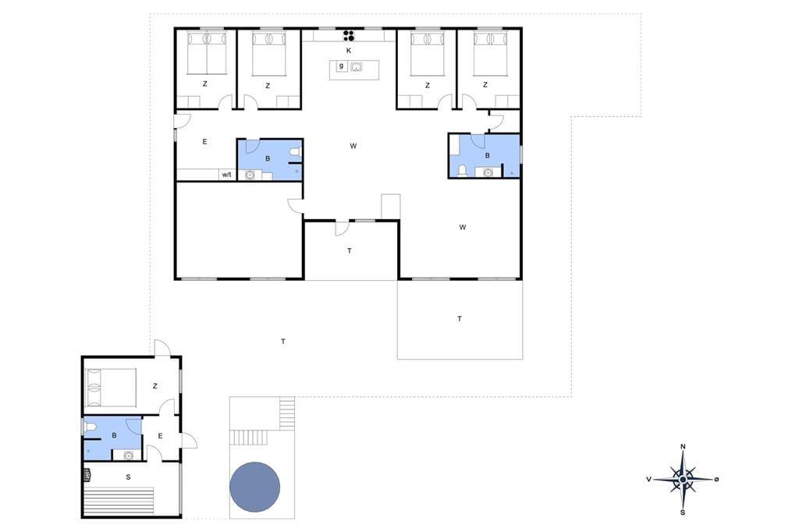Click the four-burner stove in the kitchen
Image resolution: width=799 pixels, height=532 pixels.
[x=349, y=35]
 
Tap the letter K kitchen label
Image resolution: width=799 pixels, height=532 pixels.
[x=349, y=51]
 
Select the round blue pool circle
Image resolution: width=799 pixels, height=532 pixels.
[x=255, y=487]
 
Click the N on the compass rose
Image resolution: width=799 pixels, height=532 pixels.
[x=684, y=447]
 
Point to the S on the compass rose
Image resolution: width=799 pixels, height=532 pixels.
[x=683, y=512]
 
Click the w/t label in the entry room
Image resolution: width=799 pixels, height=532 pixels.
[x=227, y=175]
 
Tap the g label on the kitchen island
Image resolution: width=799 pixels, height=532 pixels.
[x=342, y=66]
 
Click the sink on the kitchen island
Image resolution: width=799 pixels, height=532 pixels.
[x=356, y=67]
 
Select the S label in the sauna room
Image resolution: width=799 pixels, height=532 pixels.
[x=128, y=477]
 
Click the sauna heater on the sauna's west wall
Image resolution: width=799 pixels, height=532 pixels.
[x=87, y=475]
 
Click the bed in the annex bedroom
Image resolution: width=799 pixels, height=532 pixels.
[x=111, y=387]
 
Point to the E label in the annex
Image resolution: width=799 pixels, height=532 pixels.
[x=160, y=436]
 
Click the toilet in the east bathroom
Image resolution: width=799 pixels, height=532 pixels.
[x=463, y=170]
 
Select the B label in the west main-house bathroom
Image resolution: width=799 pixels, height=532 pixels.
[x=268, y=158]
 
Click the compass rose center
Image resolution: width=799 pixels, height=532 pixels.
[x=683, y=479]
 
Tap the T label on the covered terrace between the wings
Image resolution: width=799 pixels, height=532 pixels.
[x=350, y=250]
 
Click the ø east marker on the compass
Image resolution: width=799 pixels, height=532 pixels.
[x=716, y=479]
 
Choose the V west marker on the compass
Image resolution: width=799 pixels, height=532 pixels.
[x=648, y=479]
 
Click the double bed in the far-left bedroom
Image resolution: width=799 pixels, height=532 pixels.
[x=206, y=53]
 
